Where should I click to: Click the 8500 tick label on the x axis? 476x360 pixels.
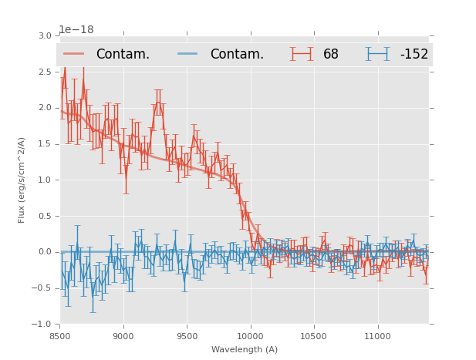click(x=59, y=336)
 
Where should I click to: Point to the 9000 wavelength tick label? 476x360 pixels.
click(x=123, y=336)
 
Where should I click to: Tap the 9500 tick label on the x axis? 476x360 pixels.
click(x=187, y=336)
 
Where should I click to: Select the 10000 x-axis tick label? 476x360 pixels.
click(x=250, y=336)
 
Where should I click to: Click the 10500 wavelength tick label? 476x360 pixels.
click(x=314, y=336)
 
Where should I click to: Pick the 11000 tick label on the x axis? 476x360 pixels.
click(x=377, y=336)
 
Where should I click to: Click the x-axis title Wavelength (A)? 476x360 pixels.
click(x=245, y=350)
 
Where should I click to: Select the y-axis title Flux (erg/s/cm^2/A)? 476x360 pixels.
click(x=22, y=180)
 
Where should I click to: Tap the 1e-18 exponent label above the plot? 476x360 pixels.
click(x=76, y=30)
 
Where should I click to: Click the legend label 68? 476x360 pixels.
click(x=331, y=54)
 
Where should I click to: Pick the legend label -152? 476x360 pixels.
click(x=414, y=54)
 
